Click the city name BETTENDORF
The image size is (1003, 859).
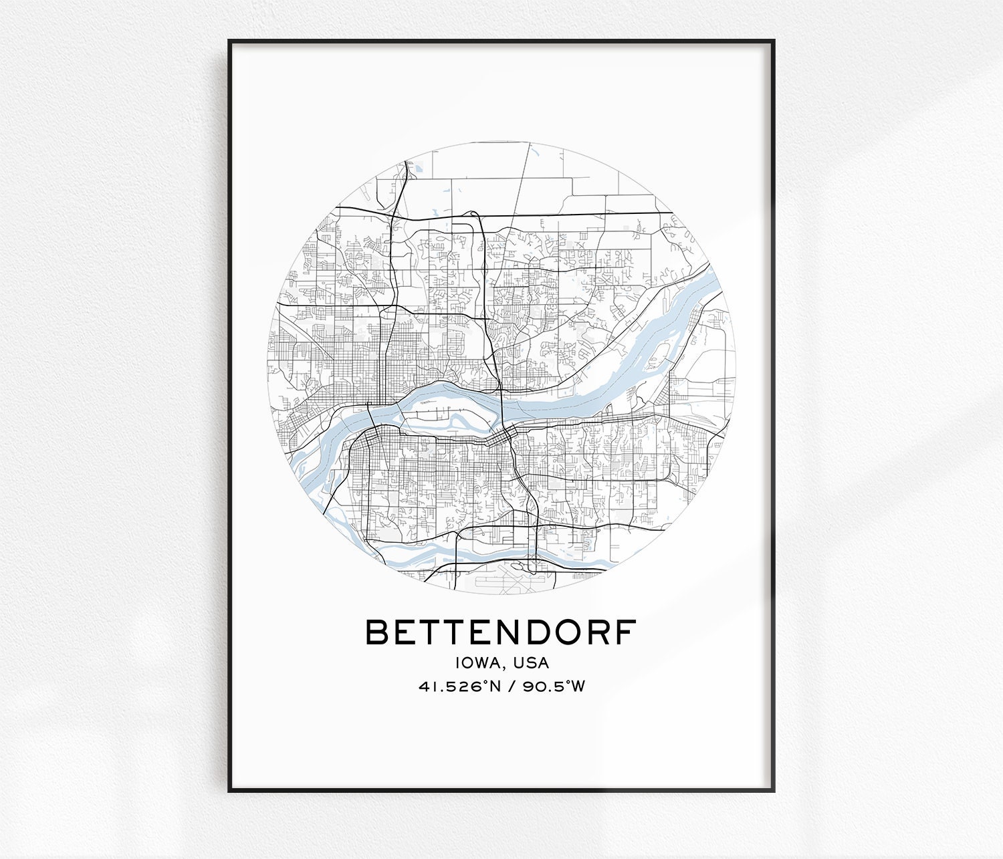(501, 632)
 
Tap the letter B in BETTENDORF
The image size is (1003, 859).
(377, 632)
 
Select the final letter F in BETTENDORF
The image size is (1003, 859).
(627, 632)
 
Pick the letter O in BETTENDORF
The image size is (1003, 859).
(567, 632)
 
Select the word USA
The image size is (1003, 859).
(531, 662)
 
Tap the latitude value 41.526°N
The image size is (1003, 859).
(459, 687)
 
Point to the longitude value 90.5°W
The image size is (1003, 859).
(554, 687)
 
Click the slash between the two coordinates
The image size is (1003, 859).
(512, 687)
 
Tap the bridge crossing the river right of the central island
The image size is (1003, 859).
(501, 408)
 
